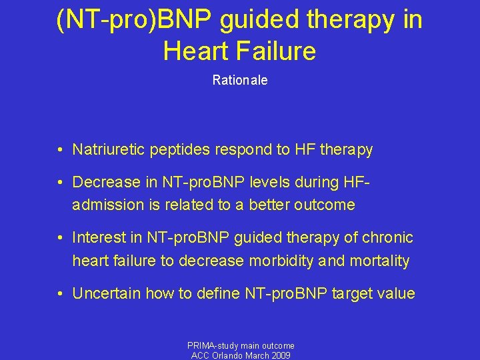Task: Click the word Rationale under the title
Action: point(240,80)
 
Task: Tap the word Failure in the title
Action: point(275,51)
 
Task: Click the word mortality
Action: point(377,261)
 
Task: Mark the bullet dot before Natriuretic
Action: point(60,150)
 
